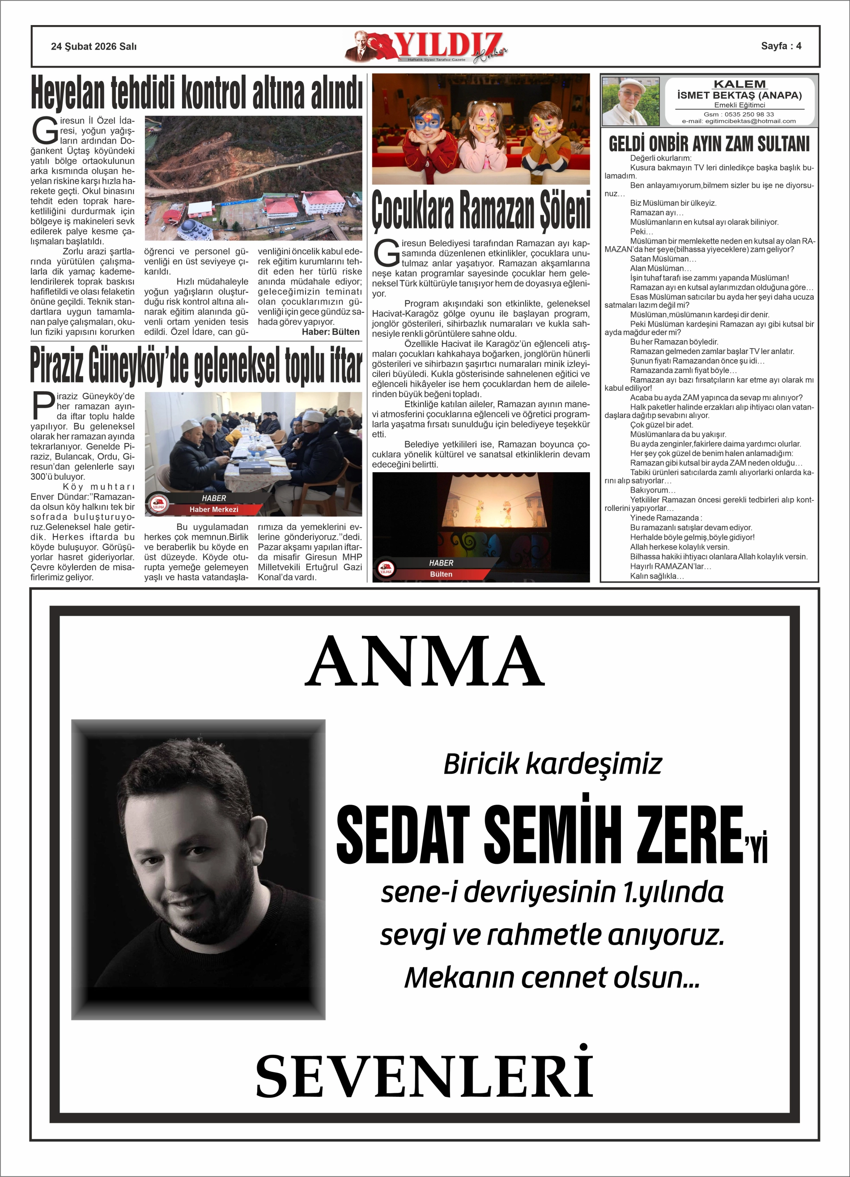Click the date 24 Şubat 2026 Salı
tap(93, 46)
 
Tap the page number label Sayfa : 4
tap(781, 46)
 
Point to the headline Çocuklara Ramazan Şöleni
tap(481, 209)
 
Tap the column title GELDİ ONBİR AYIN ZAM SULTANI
tap(709, 144)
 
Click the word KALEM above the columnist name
tap(739, 84)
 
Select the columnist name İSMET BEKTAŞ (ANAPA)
tap(739, 95)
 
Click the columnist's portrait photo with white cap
tap(630, 101)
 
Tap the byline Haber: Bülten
tap(331, 332)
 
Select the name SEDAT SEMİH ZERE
tap(540, 835)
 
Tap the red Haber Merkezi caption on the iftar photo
tap(214, 509)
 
